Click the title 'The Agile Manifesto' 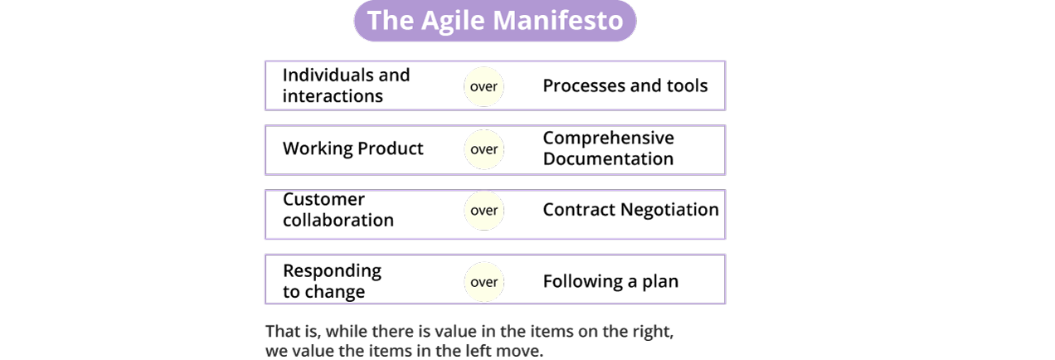(495, 20)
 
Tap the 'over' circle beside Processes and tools (484, 87)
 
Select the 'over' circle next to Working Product (484, 149)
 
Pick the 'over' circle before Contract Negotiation (484, 210)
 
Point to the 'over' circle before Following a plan (484, 282)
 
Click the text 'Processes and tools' (625, 85)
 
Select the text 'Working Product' (352, 149)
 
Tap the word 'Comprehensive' (609, 138)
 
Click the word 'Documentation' (608, 158)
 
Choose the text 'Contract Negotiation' (630, 210)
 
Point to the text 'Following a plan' (610, 281)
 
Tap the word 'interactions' (333, 96)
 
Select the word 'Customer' (323, 199)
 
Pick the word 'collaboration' (338, 220)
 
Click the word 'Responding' (332, 271)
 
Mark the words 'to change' (323, 292)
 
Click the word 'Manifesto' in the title (557, 20)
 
